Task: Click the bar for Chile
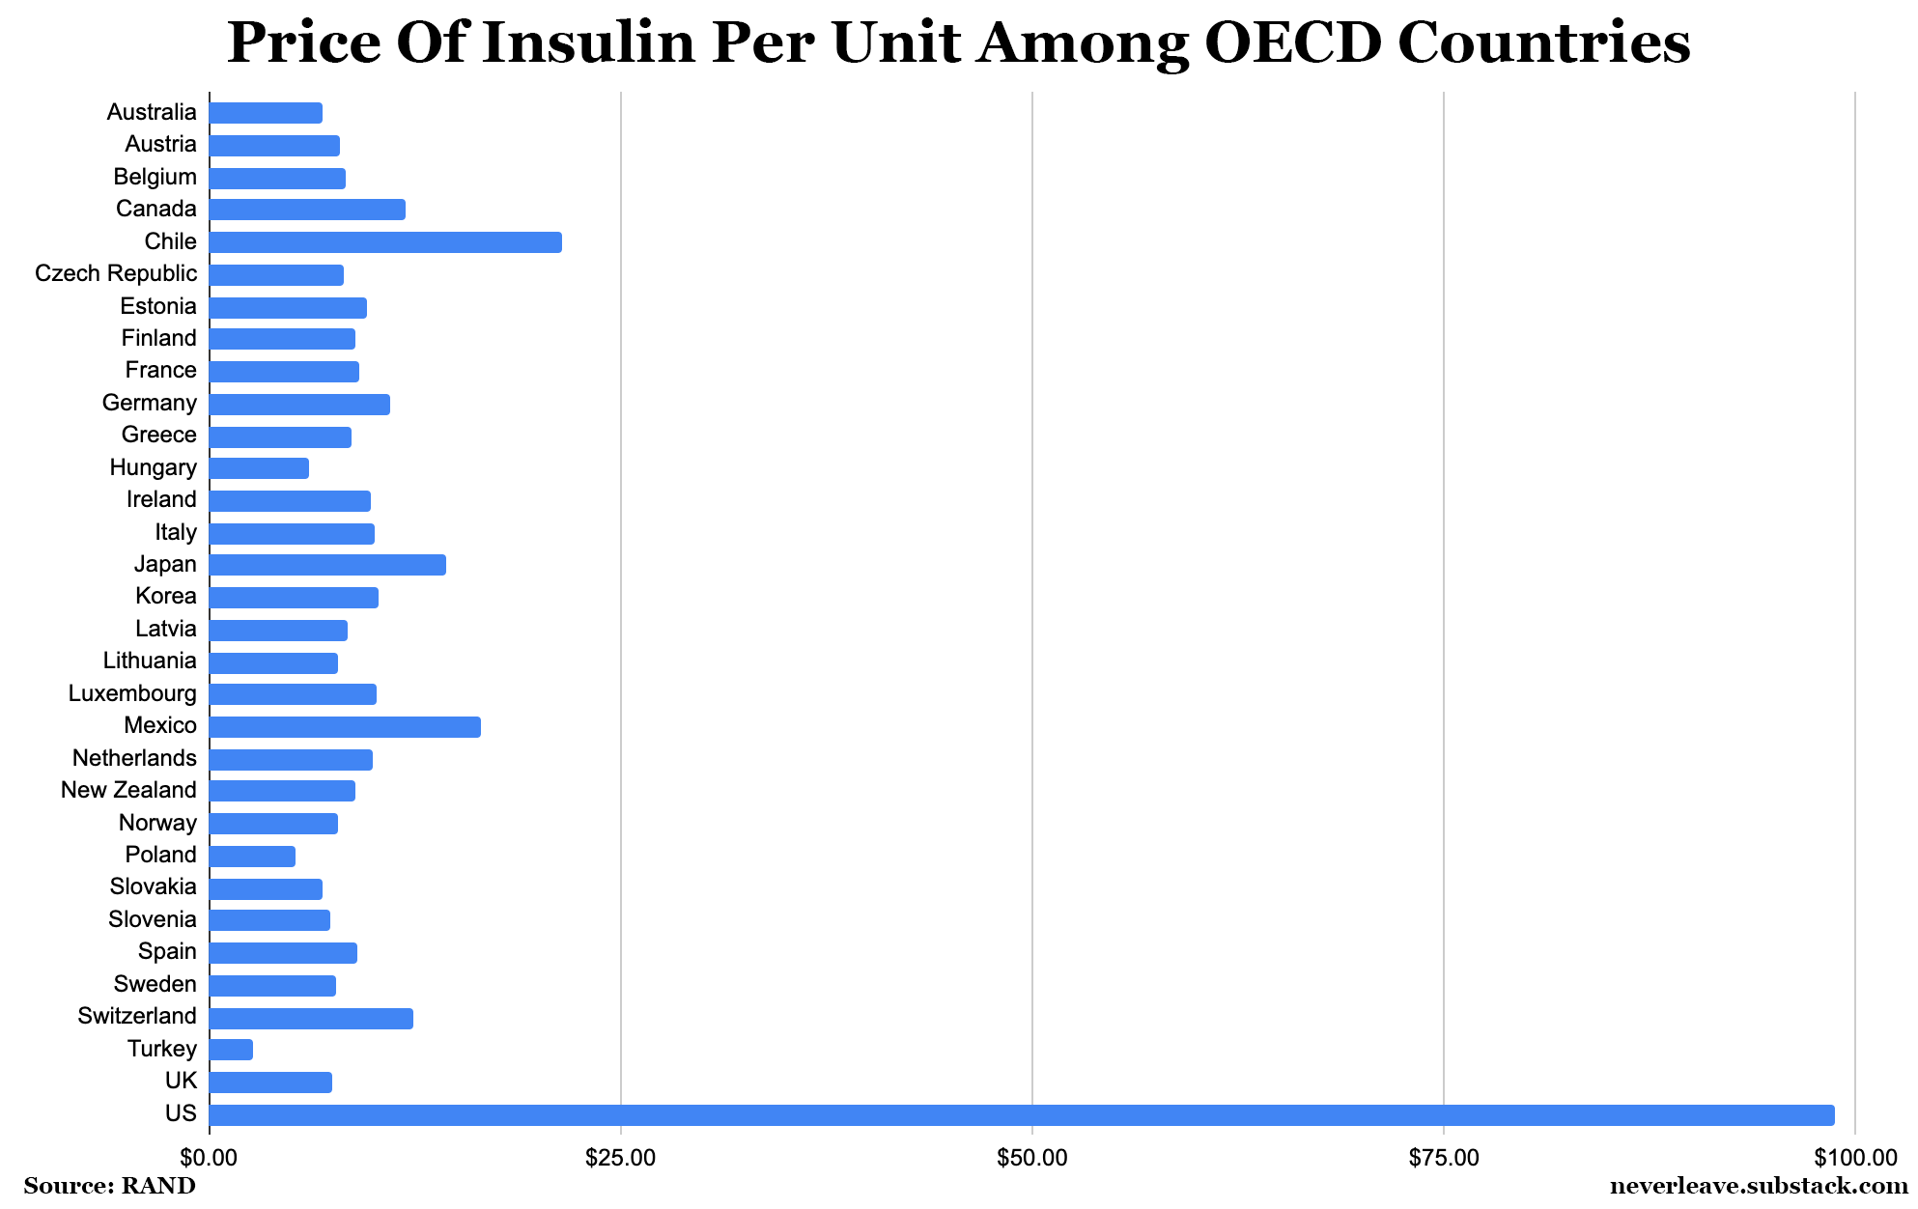click(384, 242)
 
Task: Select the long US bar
click(1021, 1115)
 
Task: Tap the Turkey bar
click(231, 1050)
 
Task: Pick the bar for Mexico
click(344, 727)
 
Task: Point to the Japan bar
click(326, 565)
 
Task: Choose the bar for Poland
click(252, 857)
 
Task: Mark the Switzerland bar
click(310, 1018)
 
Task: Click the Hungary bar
click(259, 468)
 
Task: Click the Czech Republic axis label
click(116, 273)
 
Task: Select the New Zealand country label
click(128, 790)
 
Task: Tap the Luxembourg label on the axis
click(132, 693)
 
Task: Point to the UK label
click(181, 1081)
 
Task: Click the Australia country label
click(152, 112)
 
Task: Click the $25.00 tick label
click(620, 1157)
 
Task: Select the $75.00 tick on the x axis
click(1443, 1157)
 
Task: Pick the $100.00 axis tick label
click(1855, 1157)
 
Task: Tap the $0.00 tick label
click(209, 1157)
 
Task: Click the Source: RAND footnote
click(109, 1186)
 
